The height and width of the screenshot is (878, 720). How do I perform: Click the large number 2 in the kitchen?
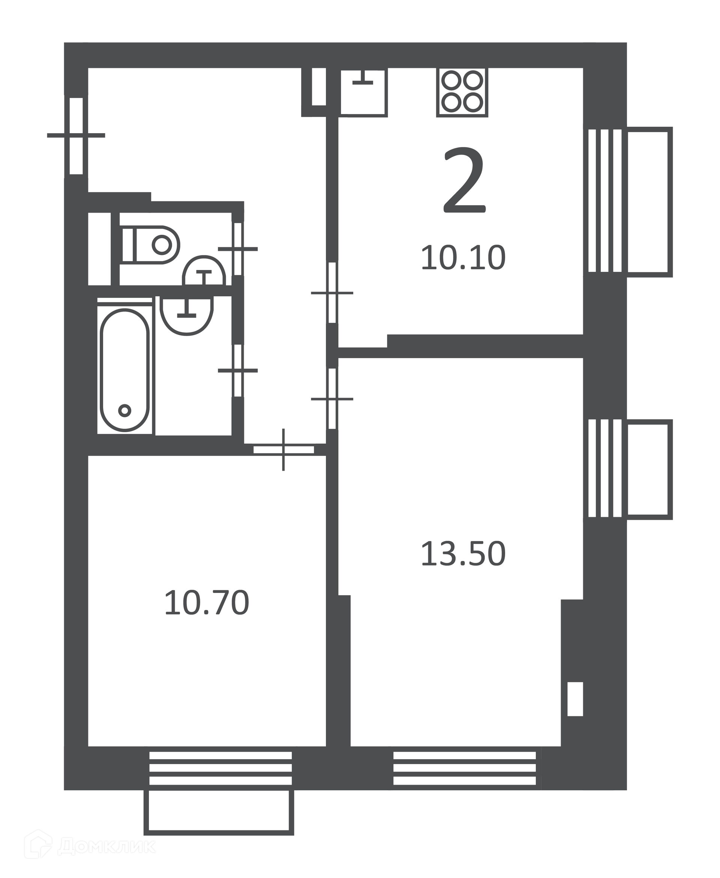[x=465, y=181]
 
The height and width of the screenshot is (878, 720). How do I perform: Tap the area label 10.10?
[x=463, y=258]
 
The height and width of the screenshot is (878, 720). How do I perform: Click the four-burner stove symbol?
[x=462, y=92]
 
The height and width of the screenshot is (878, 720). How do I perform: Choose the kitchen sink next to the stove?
[x=364, y=92]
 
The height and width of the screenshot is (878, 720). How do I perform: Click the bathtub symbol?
[x=125, y=370]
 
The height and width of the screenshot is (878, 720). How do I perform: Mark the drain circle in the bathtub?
[x=125, y=411]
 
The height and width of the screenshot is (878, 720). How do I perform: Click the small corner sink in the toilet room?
[x=204, y=270]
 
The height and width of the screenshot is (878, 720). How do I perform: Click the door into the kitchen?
[x=332, y=293]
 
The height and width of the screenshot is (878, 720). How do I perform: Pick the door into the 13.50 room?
[x=332, y=399]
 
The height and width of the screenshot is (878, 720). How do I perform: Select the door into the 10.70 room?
[x=283, y=450]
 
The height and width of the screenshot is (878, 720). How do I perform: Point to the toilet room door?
[x=238, y=249]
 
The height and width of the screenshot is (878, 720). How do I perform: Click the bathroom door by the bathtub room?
[x=238, y=370]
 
